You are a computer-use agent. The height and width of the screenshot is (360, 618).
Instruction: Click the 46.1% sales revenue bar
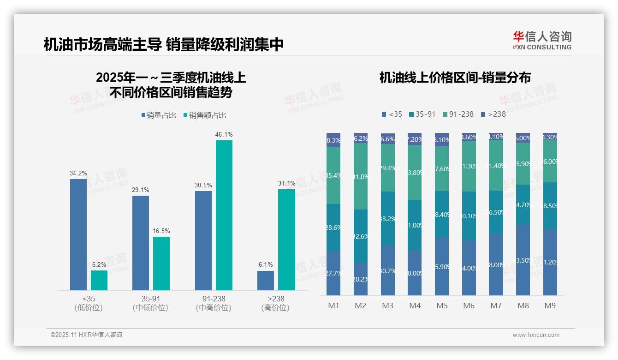(224, 215)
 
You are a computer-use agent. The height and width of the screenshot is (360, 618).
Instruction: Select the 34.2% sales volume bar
(78, 234)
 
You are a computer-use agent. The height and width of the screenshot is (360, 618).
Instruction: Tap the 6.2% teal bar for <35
(99, 280)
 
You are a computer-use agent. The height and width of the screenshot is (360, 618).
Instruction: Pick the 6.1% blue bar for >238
(266, 281)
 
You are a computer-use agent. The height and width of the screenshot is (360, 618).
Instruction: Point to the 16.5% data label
(161, 231)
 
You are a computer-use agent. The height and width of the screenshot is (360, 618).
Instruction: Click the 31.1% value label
(286, 183)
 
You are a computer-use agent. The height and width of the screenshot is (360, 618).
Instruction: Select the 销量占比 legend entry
(159, 115)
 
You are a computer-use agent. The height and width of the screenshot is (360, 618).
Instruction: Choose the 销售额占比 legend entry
(204, 115)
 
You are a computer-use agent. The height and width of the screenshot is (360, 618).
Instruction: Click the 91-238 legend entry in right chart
(458, 114)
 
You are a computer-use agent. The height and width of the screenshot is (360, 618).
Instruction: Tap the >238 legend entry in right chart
(493, 114)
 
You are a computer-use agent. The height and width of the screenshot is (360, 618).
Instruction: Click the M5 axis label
(442, 306)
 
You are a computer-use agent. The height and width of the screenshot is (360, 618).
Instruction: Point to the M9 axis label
(550, 306)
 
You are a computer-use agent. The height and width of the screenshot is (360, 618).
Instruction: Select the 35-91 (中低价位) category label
(150, 303)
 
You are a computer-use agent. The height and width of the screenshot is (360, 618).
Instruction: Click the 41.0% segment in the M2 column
(361, 176)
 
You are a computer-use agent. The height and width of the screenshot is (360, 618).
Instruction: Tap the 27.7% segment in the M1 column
(333, 273)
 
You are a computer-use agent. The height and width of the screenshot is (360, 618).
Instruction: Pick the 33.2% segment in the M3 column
(388, 218)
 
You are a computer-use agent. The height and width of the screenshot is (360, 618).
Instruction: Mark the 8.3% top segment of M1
(333, 140)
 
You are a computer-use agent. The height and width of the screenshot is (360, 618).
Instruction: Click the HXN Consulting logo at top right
(542, 41)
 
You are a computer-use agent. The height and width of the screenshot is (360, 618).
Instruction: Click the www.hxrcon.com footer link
(536, 335)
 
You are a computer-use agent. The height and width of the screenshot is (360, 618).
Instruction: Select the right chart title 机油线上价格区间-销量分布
(455, 78)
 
